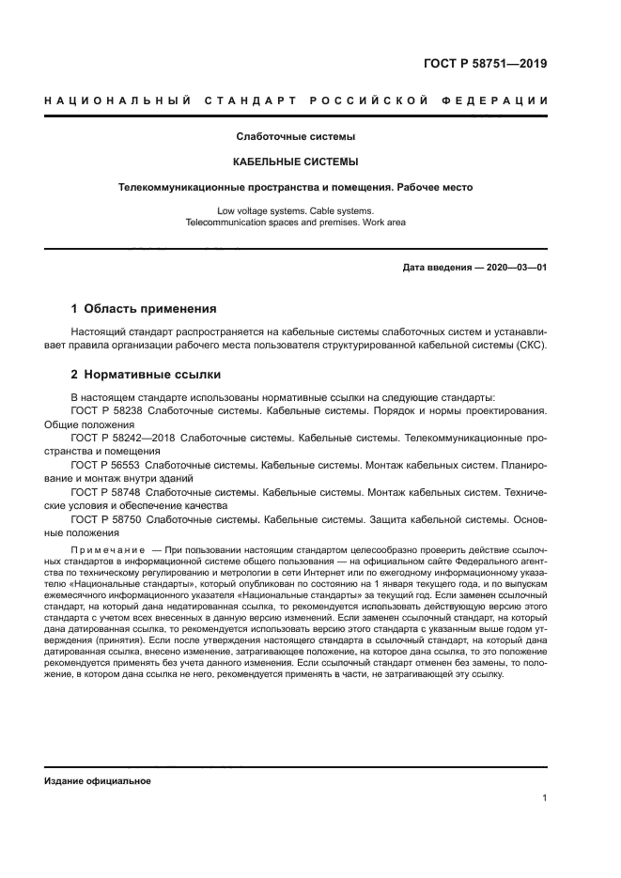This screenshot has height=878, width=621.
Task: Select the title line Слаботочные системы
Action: tap(295, 137)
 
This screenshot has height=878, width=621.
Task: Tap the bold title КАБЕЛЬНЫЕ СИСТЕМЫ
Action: tap(295, 162)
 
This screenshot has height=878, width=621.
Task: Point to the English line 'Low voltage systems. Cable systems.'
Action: tap(295, 211)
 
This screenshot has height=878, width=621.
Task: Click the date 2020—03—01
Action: tap(513, 268)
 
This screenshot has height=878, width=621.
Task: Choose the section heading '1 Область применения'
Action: tap(145, 308)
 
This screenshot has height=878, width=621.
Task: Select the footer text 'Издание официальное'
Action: tap(98, 780)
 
